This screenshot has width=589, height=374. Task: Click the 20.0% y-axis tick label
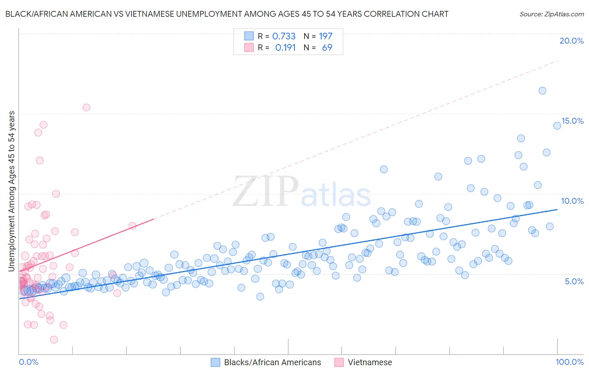pyautogui.click(x=571, y=41)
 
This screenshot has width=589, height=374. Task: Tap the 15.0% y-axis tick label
pyautogui.click(x=572, y=121)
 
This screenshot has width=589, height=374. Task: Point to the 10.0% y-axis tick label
pyautogui.click(x=572, y=201)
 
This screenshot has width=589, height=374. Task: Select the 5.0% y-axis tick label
pyautogui.click(x=574, y=281)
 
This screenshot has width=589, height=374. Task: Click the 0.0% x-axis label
pyautogui.click(x=28, y=362)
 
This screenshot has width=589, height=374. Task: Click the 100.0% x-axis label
pyautogui.click(x=569, y=362)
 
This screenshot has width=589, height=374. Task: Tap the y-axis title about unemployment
pyautogui.click(x=12, y=191)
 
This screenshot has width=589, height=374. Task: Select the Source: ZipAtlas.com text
pyautogui.click(x=551, y=14)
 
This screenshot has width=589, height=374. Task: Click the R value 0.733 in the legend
pyautogui.click(x=284, y=36)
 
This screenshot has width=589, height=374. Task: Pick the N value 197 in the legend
pyautogui.click(x=325, y=36)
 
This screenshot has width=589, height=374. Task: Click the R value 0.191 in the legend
pyautogui.click(x=285, y=48)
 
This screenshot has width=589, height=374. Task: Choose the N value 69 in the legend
pyautogui.click(x=327, y=48)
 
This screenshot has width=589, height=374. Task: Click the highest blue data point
pyautogui.click(x=542, y=91)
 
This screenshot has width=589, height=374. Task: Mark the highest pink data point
pyautogui.click(x=86, y=107)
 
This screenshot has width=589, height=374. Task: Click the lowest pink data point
pyautogui.click(x=54, y=340)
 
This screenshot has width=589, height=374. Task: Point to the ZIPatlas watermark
pyautogui.click(x=302, y=192)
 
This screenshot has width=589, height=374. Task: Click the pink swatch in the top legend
pyautogui.click(x=249, y=48)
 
